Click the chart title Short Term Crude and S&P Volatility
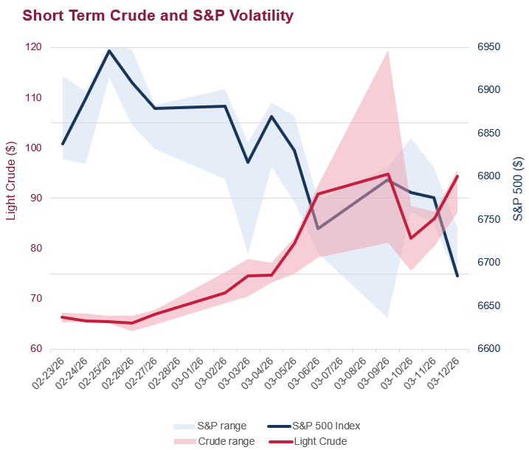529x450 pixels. (158, 15)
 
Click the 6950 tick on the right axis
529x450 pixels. (489, 47)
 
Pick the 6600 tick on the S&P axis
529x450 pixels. (489, 349)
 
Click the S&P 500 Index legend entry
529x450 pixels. (325, 426)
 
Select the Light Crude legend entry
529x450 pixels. (319, 441)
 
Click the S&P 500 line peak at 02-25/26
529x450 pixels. (109, 51)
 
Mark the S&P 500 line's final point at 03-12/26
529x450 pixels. (457, 276)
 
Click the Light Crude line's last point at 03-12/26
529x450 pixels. (457, 176)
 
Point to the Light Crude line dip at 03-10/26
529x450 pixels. (411, 238)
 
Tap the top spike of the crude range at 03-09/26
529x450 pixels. (388, 51)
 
